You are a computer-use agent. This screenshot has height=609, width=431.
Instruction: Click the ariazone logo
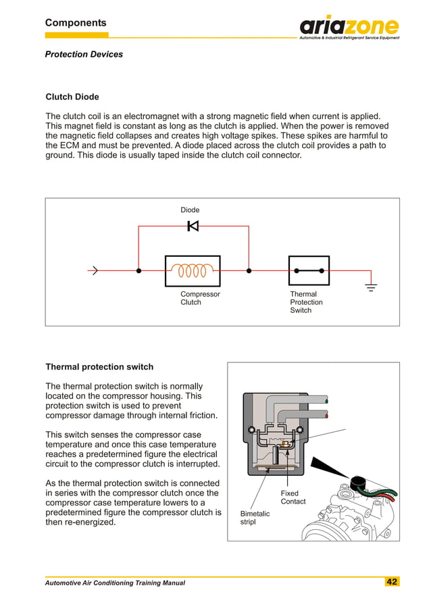pos(349,27)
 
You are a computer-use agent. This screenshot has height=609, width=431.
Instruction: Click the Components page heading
pos(76,23)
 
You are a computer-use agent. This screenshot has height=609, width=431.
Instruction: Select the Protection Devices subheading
pos(84,54)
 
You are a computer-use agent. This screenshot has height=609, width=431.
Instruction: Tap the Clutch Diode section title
pos(72,97)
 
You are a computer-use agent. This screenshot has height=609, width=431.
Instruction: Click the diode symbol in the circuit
pos(193,226)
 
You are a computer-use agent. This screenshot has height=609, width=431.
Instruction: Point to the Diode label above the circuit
pos(190,210)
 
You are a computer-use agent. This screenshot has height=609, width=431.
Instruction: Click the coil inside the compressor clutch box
pos(193,270)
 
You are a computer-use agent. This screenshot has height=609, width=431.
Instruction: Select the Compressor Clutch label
pos(199,298)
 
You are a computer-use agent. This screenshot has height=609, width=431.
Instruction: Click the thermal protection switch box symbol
pos(309,270)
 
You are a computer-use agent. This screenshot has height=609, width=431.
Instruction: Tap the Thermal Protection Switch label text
pos(306,302)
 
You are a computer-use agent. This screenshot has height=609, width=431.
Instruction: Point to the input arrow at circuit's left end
pos(94,271)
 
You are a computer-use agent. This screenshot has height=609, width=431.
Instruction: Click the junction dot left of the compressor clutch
pos(138,270)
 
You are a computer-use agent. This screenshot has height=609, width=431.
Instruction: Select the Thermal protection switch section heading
pos(99,367)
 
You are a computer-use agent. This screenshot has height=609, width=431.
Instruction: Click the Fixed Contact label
pos(293,497)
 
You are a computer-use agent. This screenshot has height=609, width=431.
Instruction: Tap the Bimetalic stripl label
pos(255,518)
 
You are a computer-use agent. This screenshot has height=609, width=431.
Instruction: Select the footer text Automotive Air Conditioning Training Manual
pos(115,583)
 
